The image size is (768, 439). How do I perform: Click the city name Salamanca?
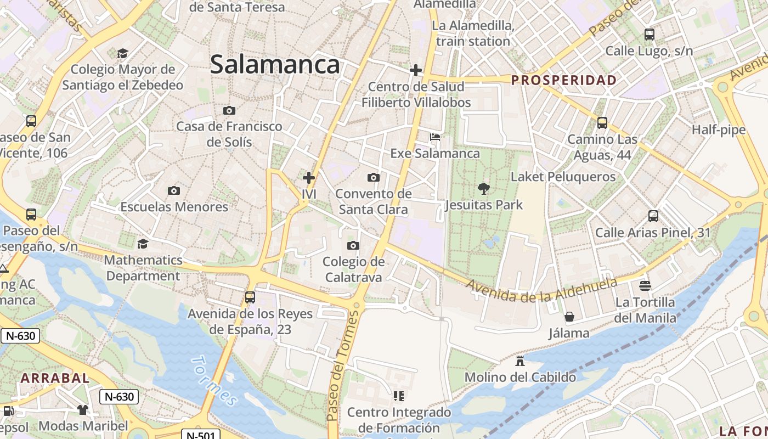(275, 65)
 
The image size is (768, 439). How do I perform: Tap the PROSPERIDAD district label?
(564, 80)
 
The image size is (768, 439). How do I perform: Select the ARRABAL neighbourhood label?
(55, 378)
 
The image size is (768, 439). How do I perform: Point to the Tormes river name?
(214, 381)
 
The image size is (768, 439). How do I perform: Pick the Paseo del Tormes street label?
(342, 365)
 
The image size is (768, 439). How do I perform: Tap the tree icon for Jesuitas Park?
(483, 189)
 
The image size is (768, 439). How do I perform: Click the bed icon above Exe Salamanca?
(435, 137)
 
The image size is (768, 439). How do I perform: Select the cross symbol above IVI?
(309, 178)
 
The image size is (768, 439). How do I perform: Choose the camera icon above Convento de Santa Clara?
(373, 177)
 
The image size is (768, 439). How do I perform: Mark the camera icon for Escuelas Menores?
(174, 190)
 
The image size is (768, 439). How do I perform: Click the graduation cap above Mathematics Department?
(143, 243)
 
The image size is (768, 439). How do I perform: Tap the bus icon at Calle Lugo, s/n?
(650, 35)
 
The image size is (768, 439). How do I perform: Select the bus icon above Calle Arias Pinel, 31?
(653, 216)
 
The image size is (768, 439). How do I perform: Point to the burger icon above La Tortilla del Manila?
(645, 285)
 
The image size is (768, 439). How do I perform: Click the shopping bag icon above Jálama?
(569, 317)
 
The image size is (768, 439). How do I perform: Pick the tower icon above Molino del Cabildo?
(520, 361)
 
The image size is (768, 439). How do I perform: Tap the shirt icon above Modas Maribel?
(83, 409)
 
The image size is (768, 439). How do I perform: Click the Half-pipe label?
(719, 130)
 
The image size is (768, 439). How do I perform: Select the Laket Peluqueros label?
(563, 177)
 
